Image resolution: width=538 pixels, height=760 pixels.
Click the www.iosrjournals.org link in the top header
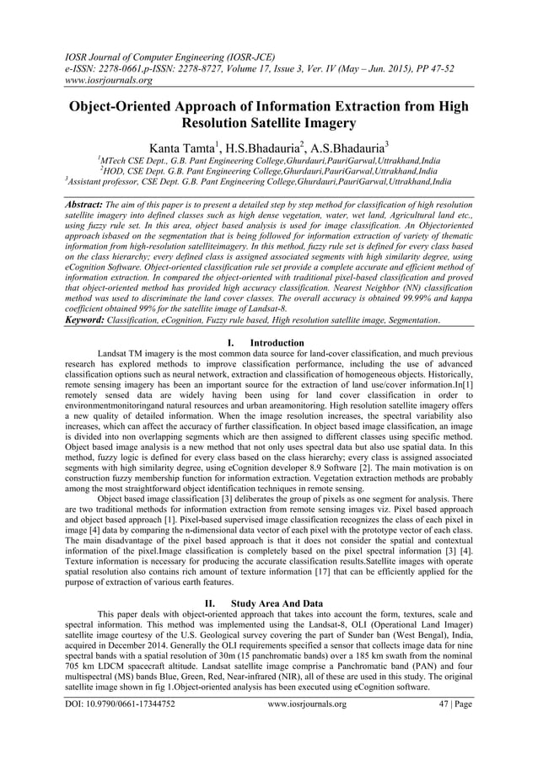click(109, 81)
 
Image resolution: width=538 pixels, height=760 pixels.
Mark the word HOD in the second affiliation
click(116, 169)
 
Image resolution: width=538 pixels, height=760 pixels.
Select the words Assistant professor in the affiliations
click(100, 181)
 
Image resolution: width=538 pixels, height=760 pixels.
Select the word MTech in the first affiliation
click(116, 158)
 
